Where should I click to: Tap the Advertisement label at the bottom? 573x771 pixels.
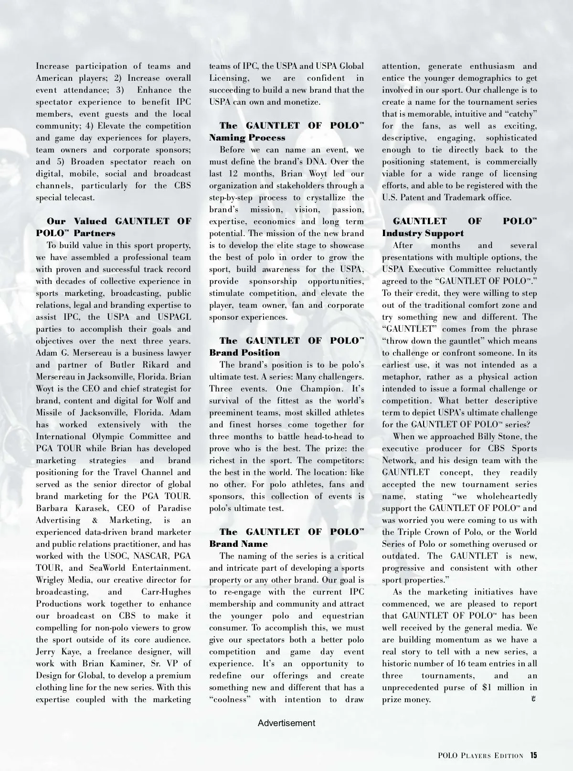[286, 723]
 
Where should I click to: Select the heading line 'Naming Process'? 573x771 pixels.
[247, 138]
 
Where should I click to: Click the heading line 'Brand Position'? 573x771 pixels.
[245, 353]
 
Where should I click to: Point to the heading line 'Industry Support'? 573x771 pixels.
[423, 233]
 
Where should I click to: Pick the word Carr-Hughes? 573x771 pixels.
[166, 592]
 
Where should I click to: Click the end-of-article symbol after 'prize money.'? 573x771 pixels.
[533, 699]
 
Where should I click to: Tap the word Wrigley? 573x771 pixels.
[53, 580]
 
